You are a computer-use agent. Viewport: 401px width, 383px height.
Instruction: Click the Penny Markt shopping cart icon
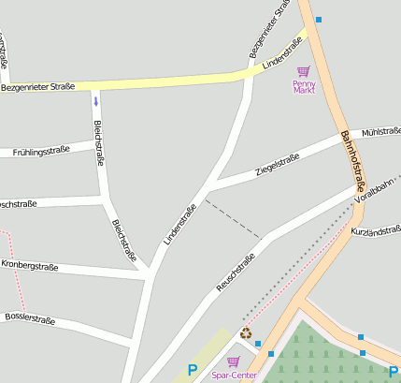tap(303, 71)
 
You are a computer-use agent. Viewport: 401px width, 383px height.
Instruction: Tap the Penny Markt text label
tap(304, 87)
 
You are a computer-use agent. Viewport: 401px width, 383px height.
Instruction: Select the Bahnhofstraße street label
tap(353, 159)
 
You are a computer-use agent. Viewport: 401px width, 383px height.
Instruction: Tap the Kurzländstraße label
tap(376, 230)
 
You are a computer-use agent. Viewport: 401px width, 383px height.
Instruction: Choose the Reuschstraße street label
tap(236, 273)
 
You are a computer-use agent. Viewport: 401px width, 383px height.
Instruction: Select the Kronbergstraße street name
tap(30, 267)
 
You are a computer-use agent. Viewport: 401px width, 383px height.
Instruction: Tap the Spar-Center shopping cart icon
tap(233, 361)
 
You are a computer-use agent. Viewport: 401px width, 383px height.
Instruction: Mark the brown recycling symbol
tap(246, 332)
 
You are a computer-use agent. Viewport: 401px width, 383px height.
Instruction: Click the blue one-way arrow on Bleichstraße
tap(95, 100)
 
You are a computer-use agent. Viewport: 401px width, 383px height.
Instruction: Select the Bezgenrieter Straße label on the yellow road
tap(37, 87)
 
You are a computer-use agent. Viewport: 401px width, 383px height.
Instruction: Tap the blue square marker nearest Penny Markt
tap(319, 20)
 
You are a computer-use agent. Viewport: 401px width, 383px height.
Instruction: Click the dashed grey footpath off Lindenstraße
tap(233, 218)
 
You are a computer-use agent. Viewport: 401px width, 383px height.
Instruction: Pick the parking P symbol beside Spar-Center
tap(193, 371)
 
